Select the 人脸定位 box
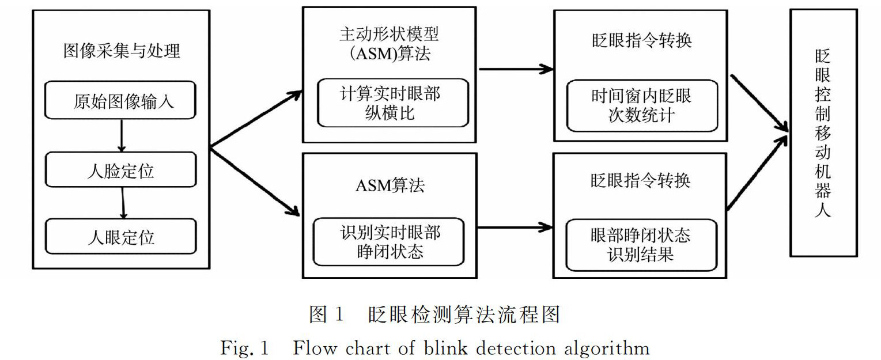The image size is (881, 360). point(121,170)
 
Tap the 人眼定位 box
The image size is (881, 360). point(121,237)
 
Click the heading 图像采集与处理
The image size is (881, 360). point(121,51)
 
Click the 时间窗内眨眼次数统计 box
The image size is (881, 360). point(641,105)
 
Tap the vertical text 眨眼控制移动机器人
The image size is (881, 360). point(823,132)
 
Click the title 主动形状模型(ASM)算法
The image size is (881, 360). point(390,44)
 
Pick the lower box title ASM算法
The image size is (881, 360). point(390,185)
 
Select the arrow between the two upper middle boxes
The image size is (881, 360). point(515,70)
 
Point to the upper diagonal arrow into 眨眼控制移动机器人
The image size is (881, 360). point(759,103)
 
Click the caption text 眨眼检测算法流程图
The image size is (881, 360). point(464,314)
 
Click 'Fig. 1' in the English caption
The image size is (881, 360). point(244,348)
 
